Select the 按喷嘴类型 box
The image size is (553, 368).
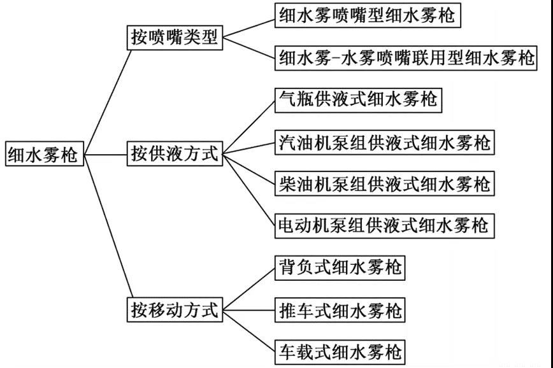pyautogui.click(x=174, y=38)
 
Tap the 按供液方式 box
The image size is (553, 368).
pyautogui.click(x=174, y=153)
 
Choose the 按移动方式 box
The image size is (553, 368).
pyautogui.click(x=174, y=310)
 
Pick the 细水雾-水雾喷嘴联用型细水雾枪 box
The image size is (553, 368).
pyautogui.click(x=406, y=59)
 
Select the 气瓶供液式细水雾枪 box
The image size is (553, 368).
pyautogui.click(x=358, y=99)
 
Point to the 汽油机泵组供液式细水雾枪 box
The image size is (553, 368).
pyautogui.click(x=385, y=141)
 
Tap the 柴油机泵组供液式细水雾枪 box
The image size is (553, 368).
pyautogui.click(x=385, y=183)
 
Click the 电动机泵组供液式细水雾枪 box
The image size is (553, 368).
pyautogui.click(x=385, y=225)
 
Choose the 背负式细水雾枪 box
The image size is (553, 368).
pyautogui.click(x=340, y=268)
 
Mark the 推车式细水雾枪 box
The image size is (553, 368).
pyautogui.click(x=340, y=310)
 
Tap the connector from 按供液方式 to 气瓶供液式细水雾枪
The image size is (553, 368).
pyautogui.click(x=248, y=126)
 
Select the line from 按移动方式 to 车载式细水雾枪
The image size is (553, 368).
pyautogui.click(x=248, y=330)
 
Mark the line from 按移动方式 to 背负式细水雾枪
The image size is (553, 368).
pyautogui.click(x=248, y=289)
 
